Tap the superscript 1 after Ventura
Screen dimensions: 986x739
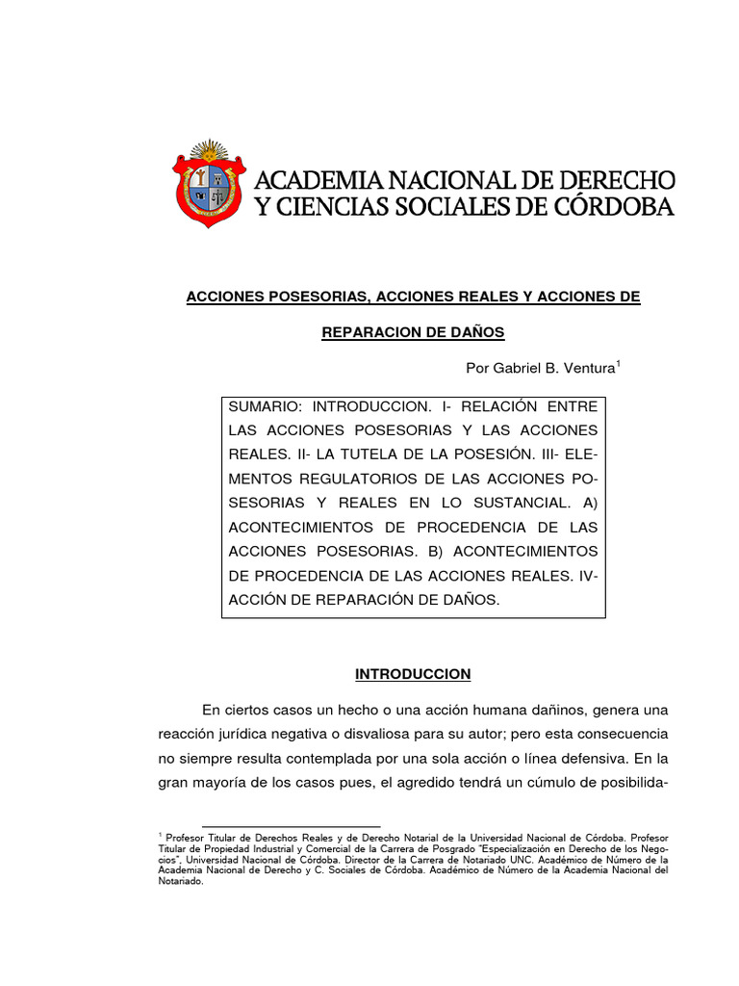[618, 362]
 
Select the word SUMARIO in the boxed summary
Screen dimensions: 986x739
[264, 406]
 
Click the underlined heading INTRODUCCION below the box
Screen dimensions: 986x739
[413, 673]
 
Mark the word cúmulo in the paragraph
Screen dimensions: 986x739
[545, 783]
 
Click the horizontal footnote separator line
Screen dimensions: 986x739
[270, 826]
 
